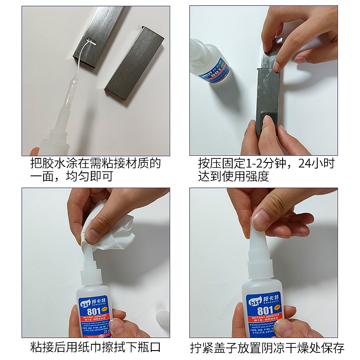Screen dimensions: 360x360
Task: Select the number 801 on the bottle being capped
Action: [264, 311]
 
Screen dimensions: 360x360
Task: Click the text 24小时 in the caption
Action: [314, 163]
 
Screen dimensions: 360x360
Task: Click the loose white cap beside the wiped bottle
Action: [162, 322]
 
